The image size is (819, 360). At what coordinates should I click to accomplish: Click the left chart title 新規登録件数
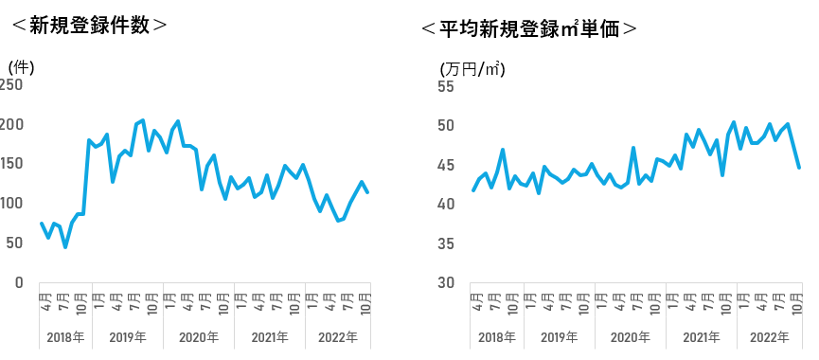[x=89, y=25]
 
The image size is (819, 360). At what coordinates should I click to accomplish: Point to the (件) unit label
[x=22, y=67]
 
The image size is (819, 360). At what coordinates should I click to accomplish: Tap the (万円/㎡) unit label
[x=472, y=69]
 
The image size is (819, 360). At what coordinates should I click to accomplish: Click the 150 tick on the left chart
[x=12, y=164]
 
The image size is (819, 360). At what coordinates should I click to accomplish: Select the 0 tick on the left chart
[x=19, y=282]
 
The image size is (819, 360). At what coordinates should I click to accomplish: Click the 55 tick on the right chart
[x=446, y=85]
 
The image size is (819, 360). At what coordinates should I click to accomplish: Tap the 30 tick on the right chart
[x=446, y=282]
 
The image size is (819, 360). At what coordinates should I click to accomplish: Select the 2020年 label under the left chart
[x=199, y=337]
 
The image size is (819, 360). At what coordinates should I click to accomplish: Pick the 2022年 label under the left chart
[x=338, y=337]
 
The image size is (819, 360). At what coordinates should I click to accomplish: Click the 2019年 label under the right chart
[x=560, y=337]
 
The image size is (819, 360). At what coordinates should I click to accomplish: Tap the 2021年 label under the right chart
[x=702, y=337]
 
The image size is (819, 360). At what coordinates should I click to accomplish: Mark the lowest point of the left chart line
[x=65, y=246]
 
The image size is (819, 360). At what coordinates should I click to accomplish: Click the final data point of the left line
[x=367, y=192]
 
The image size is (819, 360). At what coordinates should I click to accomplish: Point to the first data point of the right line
[x=473, y=190]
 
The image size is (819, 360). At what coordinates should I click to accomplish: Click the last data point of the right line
[x=799, y=167]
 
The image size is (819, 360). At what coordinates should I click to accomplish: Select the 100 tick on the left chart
[x=12, y=203]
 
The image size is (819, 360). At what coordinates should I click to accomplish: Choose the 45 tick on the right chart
[x=446, y=165]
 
